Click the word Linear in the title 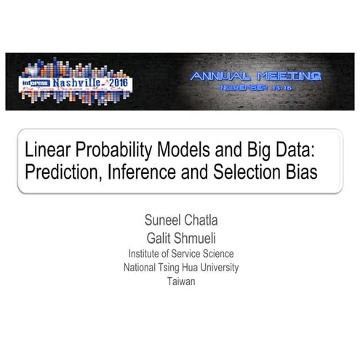[x=46, y=151]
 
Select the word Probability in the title [x=110, y=151]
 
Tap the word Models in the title [x=181, y=151]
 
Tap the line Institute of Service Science [x=180, y=254]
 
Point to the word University [x=216, y=268]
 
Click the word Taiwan [x=180, y=281]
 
